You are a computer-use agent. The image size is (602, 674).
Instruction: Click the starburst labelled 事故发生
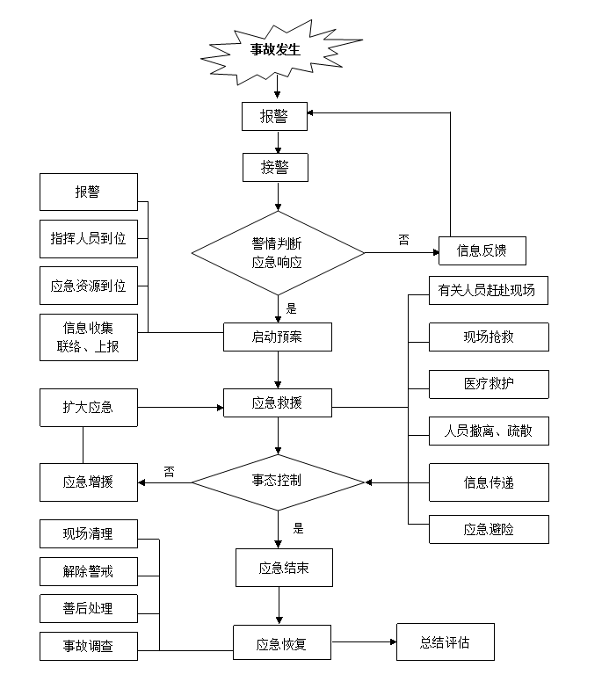tap(277, 50)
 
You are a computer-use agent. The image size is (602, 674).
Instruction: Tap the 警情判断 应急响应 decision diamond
tap(278, 253)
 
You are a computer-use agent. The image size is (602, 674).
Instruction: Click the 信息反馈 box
tap(482, 251)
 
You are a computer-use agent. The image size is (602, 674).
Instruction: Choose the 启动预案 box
tap(278, 337)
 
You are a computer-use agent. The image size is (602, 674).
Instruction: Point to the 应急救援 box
tap(278, 403)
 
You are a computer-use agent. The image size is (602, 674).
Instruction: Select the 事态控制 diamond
tap(278, 481)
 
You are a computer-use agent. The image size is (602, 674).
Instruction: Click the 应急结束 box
tap(284, 568)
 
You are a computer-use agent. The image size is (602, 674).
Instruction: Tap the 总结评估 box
tap(445, 642)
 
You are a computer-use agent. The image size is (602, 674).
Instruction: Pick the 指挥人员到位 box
tap(89, 238)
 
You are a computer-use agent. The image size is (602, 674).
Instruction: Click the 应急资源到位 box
tap(89, 286)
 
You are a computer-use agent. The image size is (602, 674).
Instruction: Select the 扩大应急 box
tap(89, 408)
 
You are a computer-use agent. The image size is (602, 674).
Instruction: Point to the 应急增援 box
tap(89, 482)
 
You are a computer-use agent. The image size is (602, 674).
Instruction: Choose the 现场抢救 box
tap(489, 337)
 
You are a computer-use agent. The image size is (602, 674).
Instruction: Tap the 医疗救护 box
tap(489, 384)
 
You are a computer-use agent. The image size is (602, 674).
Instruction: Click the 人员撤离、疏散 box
tap(489, 431)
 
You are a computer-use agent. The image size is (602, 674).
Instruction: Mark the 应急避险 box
tap(489, 529)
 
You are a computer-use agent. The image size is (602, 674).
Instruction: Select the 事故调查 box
tap(89, 647)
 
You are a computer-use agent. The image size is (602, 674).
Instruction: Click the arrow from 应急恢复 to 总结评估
tap(363, 642)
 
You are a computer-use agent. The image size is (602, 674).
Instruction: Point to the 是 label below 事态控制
tap(299, 529)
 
